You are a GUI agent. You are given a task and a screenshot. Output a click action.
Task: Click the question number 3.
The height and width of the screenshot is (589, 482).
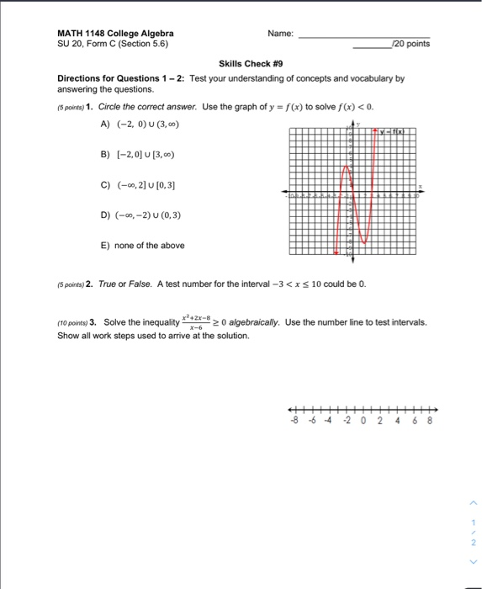pos(94,323)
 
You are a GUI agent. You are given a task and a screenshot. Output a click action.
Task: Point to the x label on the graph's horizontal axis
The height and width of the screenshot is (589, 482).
pos(421,186)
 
